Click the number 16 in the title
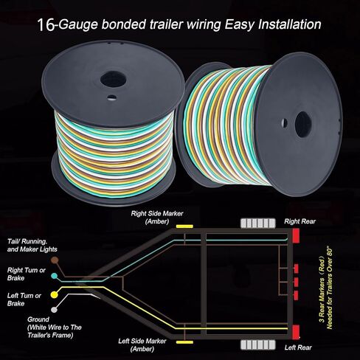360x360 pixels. [x=46, y=25]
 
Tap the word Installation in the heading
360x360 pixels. [x=290, y=24]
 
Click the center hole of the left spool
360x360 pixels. [x=113, y=79]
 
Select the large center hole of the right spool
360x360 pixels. [x=303, y=125]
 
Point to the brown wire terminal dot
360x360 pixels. [x=55, y=260]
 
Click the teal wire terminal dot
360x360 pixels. [x=55, y=276]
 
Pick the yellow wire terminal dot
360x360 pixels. [x=54, y=294]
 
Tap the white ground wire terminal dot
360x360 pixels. [x=54, y=310]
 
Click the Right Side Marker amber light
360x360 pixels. [x=184, y=226]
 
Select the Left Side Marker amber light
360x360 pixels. [x=184, y=342]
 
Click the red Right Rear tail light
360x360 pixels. [x=296, y=235]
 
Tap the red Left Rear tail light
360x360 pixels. [x=296, y=332]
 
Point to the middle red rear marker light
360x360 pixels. [x=296, y=282]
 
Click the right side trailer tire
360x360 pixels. [x=258, y=224]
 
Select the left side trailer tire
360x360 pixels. [x=258, y=345]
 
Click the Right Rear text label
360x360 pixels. [x=300, y=221]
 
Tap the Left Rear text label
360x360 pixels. [x=298, y=347]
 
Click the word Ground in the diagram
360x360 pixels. [x=38, y=319]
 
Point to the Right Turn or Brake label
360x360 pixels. [x=27, y=274]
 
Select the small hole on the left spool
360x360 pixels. [x=112, y=97]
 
